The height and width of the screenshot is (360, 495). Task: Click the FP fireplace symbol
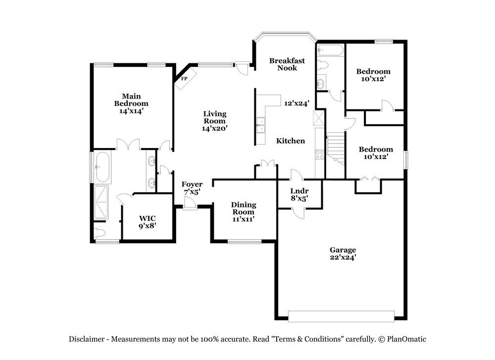click(x=186, y=79)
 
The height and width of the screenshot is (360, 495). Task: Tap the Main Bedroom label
click(x=131, y=100)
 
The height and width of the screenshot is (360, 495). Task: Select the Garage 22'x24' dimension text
click(x=343, y=257)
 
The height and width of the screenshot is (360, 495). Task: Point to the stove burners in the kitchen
click(x=319, y=154)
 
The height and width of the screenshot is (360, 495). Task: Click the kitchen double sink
click(x=261, y=125)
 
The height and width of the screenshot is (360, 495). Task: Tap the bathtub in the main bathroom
click(x=102, y=167)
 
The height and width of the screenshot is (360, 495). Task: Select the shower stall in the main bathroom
click(x=101, y=202)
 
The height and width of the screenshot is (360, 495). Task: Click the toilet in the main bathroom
click(x=100, y=233)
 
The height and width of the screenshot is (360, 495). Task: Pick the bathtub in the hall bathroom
click(x=330, y=50)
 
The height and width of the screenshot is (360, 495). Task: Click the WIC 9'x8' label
click(x=148, y=222)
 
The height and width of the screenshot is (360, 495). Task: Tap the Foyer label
click(x=192, y=184)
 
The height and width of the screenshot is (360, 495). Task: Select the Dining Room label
click(x=244, y=208)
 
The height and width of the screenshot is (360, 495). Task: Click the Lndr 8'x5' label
click(x=299, y=195)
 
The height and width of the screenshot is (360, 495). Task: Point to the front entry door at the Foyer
click(x=190, y=204)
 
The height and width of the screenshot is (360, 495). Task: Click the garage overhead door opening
click(x=341, y=316)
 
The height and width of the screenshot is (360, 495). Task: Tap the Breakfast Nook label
click(x=287, y=64)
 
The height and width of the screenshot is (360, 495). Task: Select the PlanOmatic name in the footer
click(x=406, y=339)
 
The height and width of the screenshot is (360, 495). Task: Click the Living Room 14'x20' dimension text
click(x=215, y=129)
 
